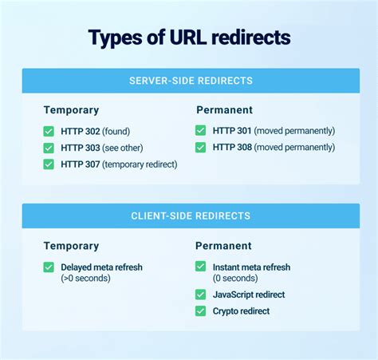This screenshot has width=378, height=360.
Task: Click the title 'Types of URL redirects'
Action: click(x=189, y=38)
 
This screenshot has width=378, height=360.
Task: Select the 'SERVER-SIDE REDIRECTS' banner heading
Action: click(x=191, y=81)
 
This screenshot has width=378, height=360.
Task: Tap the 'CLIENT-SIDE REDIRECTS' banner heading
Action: click(x=191, y=216)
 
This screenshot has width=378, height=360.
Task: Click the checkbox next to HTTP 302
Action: click(x=49, y=131)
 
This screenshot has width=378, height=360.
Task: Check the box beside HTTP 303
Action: click(x=49, y=148)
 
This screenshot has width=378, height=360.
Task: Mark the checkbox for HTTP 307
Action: click(x=49, y=164)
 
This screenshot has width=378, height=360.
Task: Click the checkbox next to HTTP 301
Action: click(x=201, y=130)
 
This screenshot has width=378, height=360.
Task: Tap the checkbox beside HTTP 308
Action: click(x=201, y=147)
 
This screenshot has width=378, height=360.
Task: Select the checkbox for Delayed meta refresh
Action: click(x=49, y=267)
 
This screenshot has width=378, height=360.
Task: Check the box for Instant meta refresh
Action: click(x=201, y=266)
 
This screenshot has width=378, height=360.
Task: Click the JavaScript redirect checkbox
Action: click(x=201, y=295)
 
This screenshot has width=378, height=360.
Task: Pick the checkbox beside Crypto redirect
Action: click(x=201, y=311)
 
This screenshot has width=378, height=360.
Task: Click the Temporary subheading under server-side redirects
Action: click(x=71, y=110)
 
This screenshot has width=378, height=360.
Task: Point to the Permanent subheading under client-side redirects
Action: click(x=223, y=246)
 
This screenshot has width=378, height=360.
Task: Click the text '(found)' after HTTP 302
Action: click(x=116, y=132)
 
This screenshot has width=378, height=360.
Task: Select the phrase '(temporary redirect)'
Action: click(x=140, y=164)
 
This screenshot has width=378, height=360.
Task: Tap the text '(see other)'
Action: click(x=123, y=148)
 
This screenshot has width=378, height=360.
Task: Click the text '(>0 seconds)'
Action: click(x=85, y=279)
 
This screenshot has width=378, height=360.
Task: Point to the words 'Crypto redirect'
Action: click(x=241, y=311)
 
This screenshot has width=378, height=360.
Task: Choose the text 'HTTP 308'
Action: click(x=232, y=147)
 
